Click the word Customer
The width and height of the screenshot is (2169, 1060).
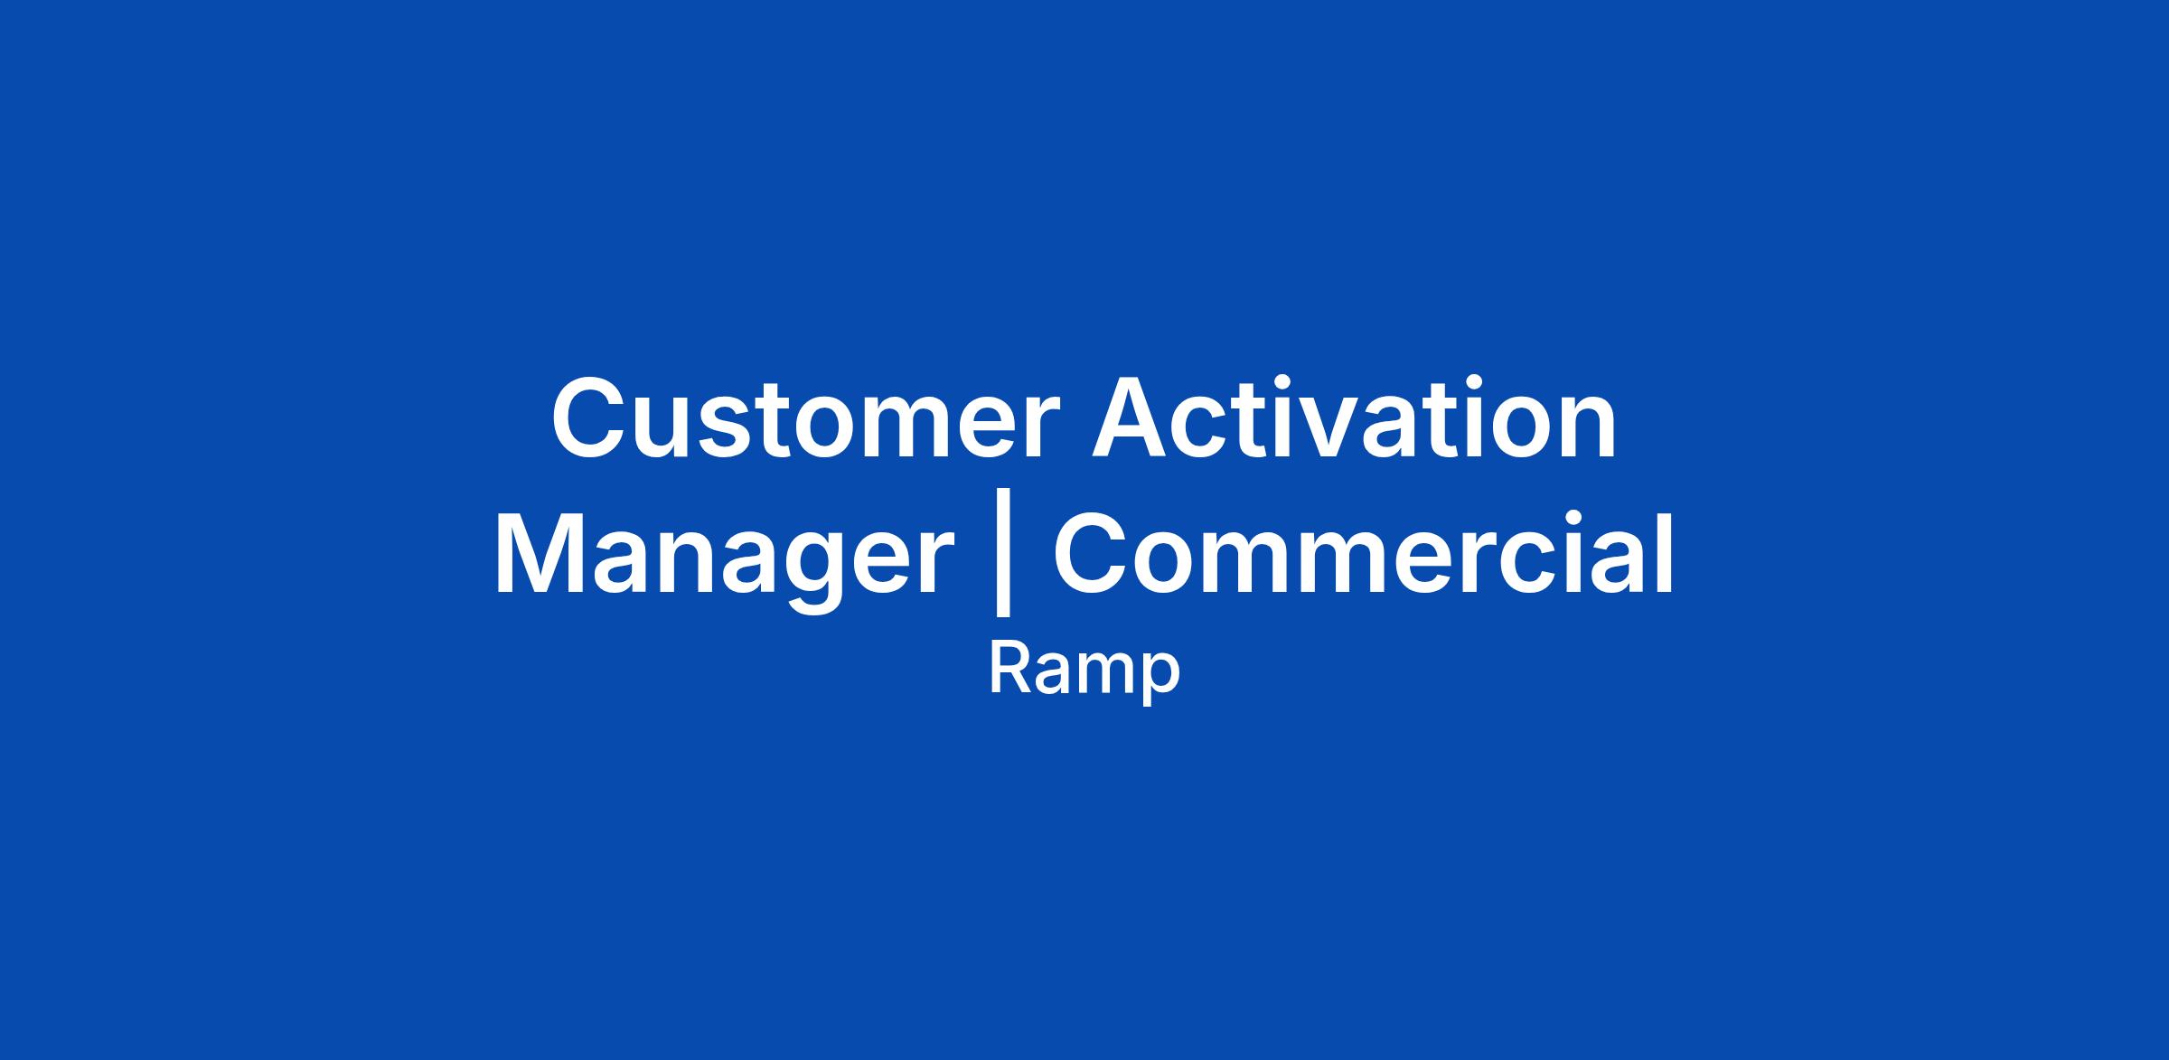pos(805,418)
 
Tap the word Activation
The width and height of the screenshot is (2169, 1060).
pos(1354,418)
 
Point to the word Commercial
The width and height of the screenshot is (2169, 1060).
pos(1363,553)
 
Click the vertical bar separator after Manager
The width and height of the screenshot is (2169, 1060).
pos(1002,560)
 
